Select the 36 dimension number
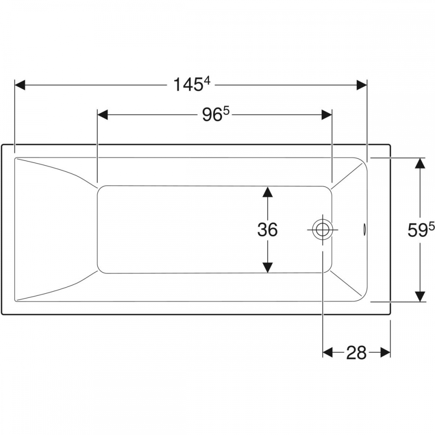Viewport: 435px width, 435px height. click(x=268, y=230)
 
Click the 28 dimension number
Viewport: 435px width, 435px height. click(x=357, y=353)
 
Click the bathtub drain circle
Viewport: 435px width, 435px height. click(x=322, y=230)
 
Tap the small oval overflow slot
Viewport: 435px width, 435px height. click(x=364, y=229)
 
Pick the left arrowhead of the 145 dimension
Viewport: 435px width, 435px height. click(x=20, y=85)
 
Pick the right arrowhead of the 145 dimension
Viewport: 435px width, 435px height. click(x=361, y=85)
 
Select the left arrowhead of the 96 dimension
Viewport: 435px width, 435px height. click(x=103, y=114)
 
